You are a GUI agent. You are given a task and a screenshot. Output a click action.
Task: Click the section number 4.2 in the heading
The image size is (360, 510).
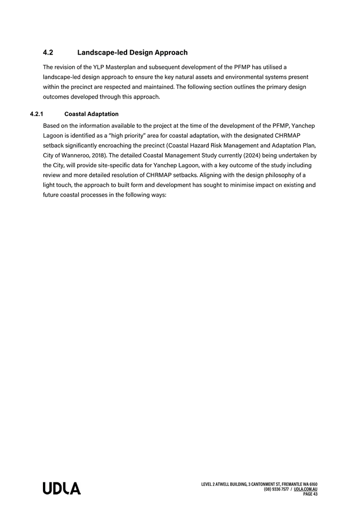(49, 53)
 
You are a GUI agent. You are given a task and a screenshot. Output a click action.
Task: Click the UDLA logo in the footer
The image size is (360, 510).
(61, 488)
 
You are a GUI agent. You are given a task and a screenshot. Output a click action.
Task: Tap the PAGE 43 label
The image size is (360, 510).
(310, 494)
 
